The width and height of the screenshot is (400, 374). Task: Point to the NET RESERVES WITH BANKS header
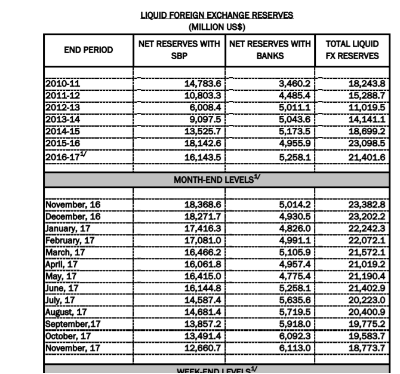point(271,51)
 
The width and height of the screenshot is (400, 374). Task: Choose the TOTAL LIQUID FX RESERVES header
point(354,51)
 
